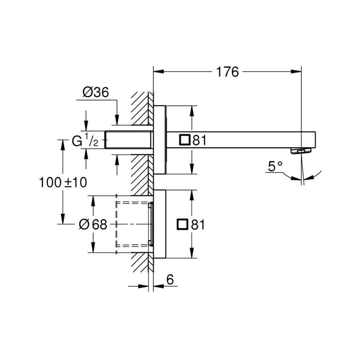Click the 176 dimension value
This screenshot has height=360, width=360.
tap(227, 72)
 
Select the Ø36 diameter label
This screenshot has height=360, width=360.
tap(95, 92)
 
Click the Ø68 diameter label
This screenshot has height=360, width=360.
tap(93, 224)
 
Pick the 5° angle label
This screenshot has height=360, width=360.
tap(275, 167)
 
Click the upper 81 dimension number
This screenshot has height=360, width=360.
tap(199, 140)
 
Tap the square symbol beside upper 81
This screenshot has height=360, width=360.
tap(185, 140)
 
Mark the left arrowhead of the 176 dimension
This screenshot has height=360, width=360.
tap(158, 72)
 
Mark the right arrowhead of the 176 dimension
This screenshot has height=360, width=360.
tap(297, 72)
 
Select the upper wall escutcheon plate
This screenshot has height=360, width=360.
tap(160, 140)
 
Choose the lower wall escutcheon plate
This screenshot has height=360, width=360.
tap(160, 224)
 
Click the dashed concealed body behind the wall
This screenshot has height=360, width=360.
tap(133, 224)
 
